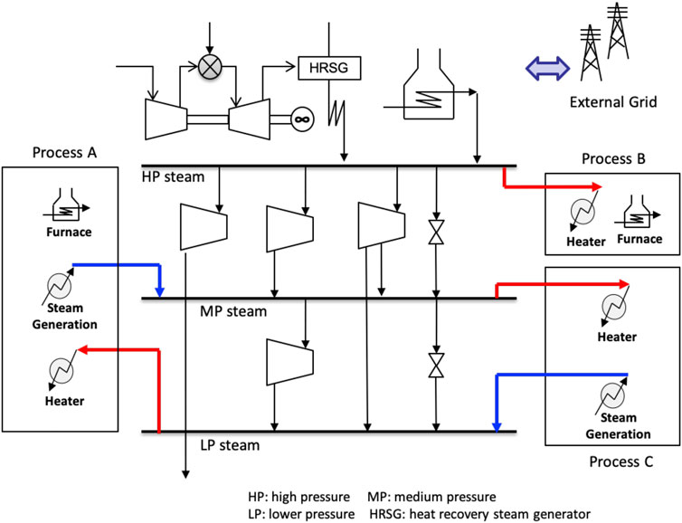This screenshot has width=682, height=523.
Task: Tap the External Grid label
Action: pyautogui.click(x=611, y=101)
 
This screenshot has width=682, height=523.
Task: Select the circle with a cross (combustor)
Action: pyautogui.click(x=209, y=65)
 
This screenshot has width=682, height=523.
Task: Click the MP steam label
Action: pyautogui.click(x=233, y=311)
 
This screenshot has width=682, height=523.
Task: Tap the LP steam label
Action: pyautogui.click(x=229, y=445)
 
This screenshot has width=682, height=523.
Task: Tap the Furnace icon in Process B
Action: pyautogui.click(x=639, y=218)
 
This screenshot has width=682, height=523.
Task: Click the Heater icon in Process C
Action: pyautogui.click(x=616, y=310)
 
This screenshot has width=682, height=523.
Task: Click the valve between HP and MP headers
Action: pyautogui.click(x=436, y=234)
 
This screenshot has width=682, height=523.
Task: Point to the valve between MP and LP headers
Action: pyautogui.click(x=436, y=364)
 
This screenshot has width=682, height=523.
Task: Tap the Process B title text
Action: pyautogui.click(x=615, y=159)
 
